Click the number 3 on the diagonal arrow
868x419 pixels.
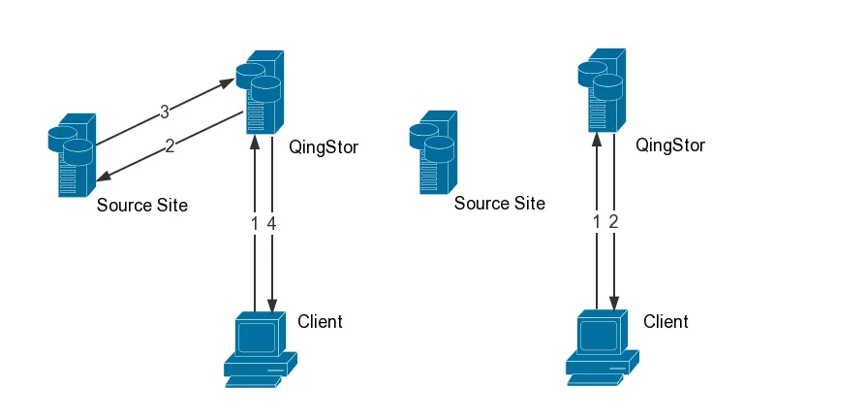[x=165, y=113]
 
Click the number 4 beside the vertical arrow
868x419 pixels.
[x=272, y=223]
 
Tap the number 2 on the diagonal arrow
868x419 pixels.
[x=170, y=146]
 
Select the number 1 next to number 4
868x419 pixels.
[x=256, y=223]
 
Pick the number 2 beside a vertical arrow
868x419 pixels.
[x=613, y=222]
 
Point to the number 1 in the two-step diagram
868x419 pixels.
[x=597, y=222]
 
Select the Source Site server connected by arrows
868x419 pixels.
[x=72, y=155]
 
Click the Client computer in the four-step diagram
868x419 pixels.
[x=258, y=349]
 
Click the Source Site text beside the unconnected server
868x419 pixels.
[x=499, y=204]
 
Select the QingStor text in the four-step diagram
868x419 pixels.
[x=324, y=147]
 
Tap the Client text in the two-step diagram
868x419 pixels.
[x=666, y=322]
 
